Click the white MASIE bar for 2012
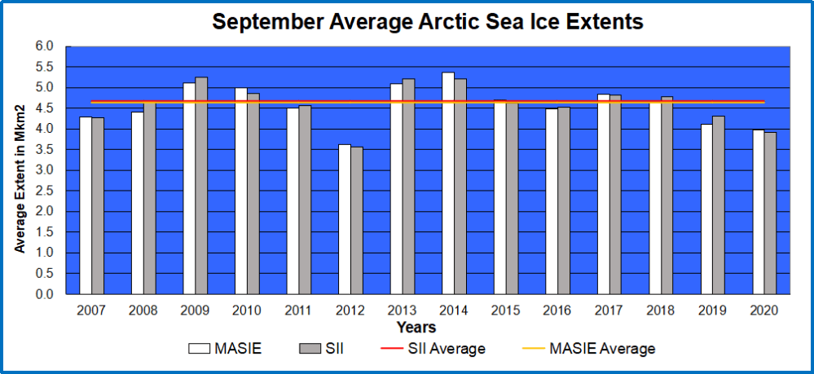345,220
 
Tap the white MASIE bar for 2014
448,183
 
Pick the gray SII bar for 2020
770,213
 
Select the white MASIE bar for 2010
241,191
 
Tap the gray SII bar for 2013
408,187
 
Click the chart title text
428,22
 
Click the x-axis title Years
416,328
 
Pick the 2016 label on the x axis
558,310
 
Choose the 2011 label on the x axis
299,310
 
